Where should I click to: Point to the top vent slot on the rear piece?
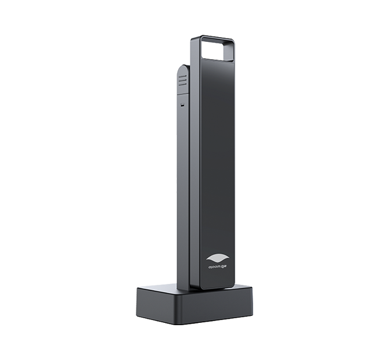182,75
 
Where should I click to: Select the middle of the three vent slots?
182,80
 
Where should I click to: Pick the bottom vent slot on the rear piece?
182,84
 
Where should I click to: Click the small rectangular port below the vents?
182,106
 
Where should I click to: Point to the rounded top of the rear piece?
183,67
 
